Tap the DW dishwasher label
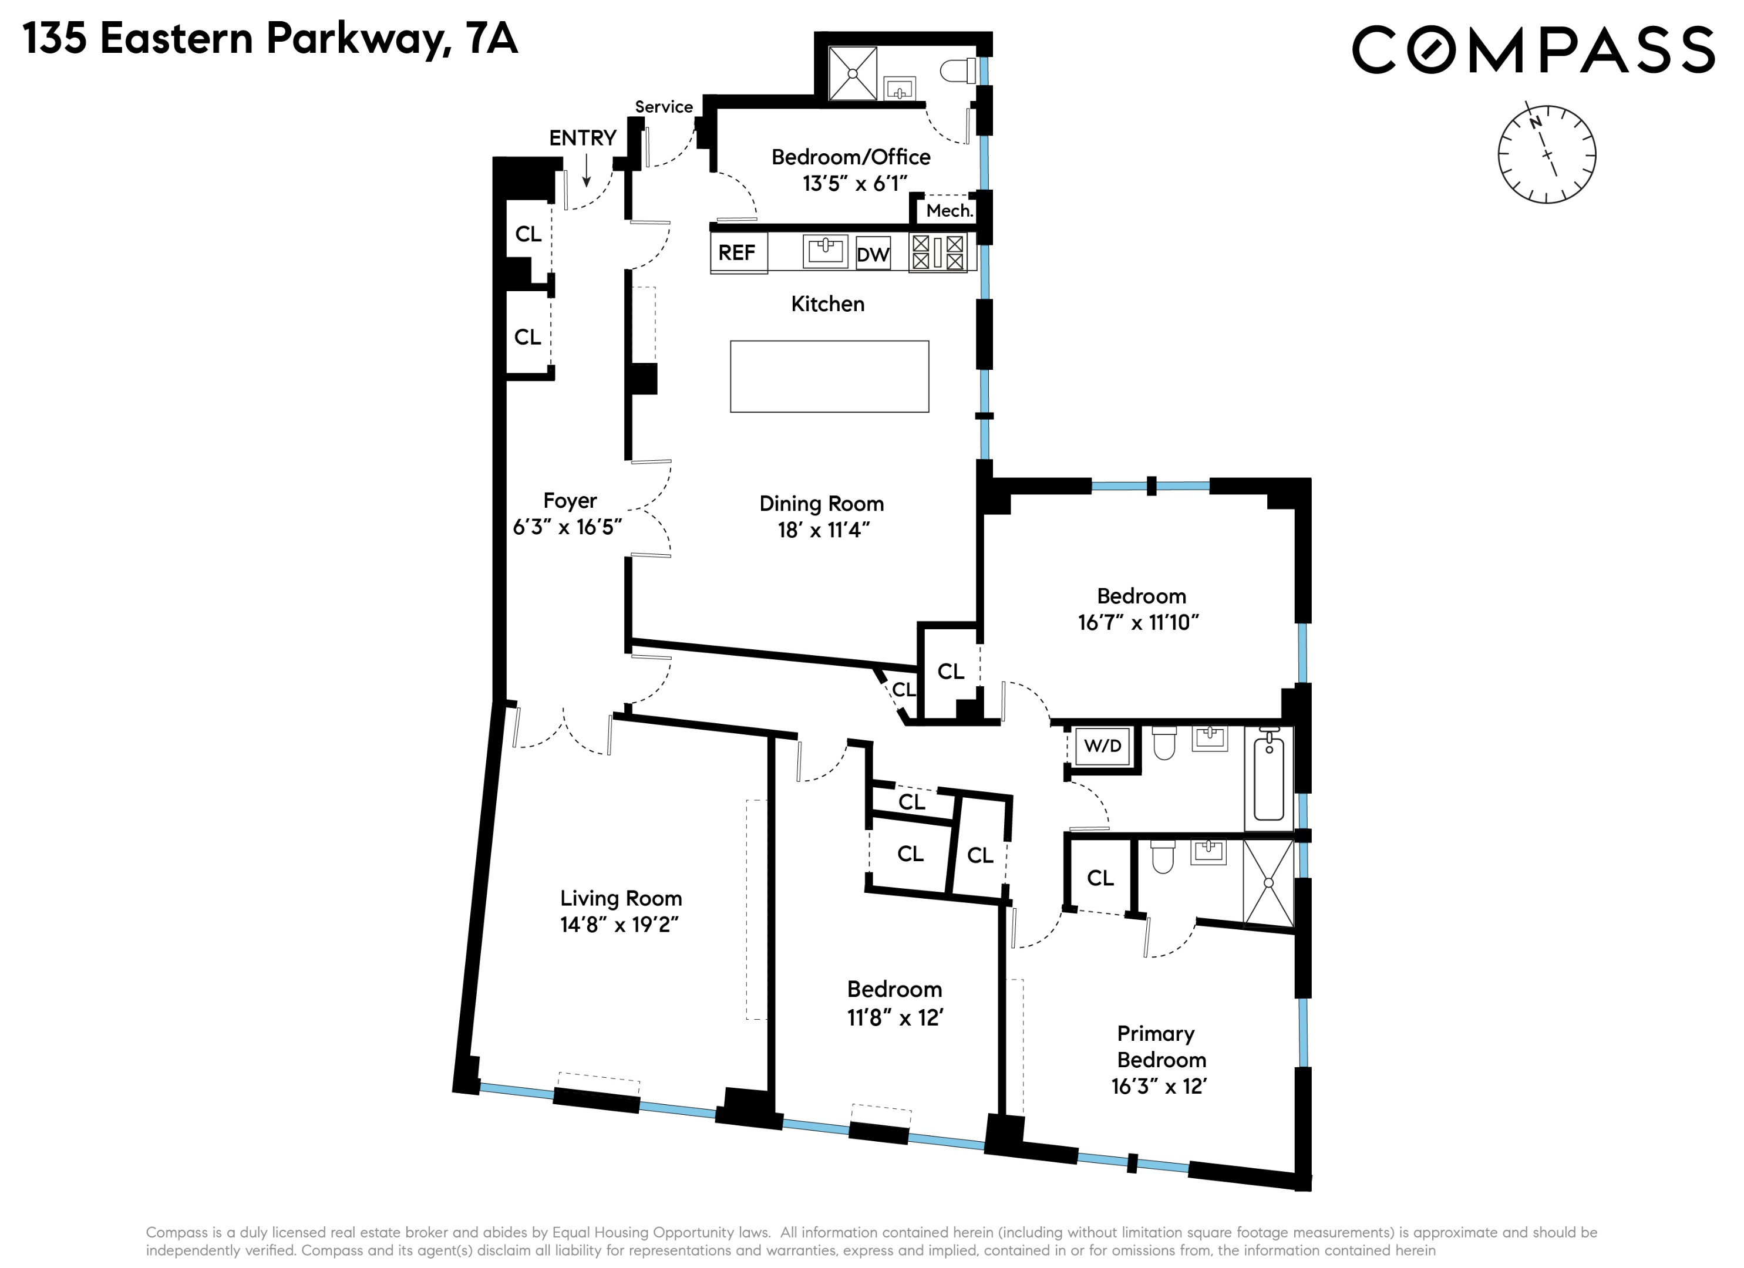click(x=873, y=255)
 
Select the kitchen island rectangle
click(x=829, y=377)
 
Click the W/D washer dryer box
click(x=1102, y=746)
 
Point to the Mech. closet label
click(x=949, y=211)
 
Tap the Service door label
click(x=664, y=107)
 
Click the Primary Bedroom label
click(x=1160, y=1047)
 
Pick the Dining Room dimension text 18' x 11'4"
click(x=823, y=530)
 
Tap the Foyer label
click(x=570, y=501)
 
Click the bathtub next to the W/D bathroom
click(x=1269, y=778)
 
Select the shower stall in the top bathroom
click(x=853, y=74)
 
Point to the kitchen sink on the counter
click(x=825, y=251)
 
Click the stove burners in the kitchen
click(x=937, y=253)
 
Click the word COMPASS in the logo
click(x=1533, y=50)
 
